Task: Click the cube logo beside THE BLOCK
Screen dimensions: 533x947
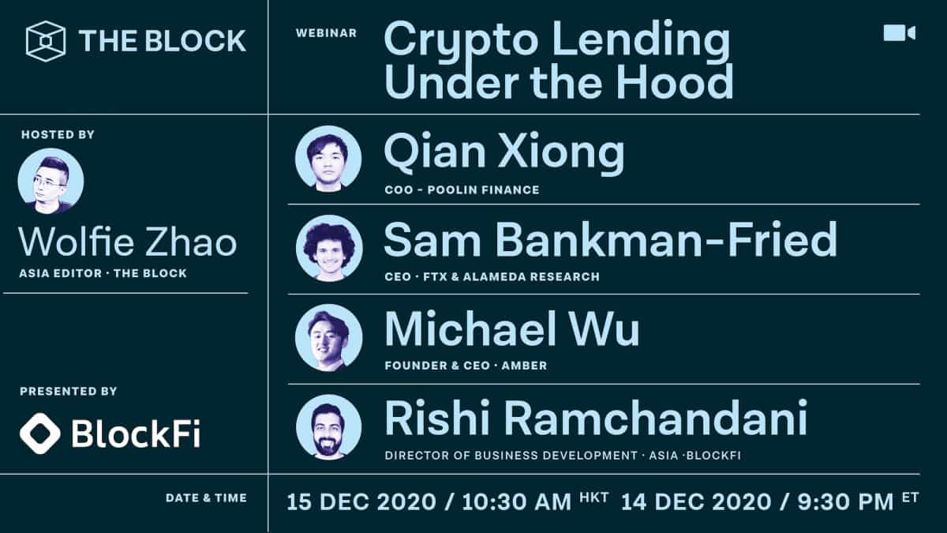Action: [x=45, y=40]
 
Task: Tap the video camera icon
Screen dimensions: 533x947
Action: [x=899, y=32]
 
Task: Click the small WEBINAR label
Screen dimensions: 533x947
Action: [x=326, y=33]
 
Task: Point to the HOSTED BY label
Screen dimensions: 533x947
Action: [x=58, y=135]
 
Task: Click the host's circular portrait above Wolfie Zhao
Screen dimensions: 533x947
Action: [x=51, y=181]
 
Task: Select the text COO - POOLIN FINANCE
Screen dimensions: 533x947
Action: [x=462, y=190]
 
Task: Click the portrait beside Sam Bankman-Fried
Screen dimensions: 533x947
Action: [x=328, y=248]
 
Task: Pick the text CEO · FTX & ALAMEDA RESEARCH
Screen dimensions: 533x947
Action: [x=492, y=277]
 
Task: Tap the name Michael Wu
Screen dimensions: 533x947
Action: [x=511, y=330]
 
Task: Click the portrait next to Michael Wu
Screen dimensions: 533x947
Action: [x=328, y=337]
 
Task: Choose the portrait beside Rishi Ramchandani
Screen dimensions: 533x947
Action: [x=328, y=427]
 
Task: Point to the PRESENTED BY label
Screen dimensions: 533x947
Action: [x=68, y=392]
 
